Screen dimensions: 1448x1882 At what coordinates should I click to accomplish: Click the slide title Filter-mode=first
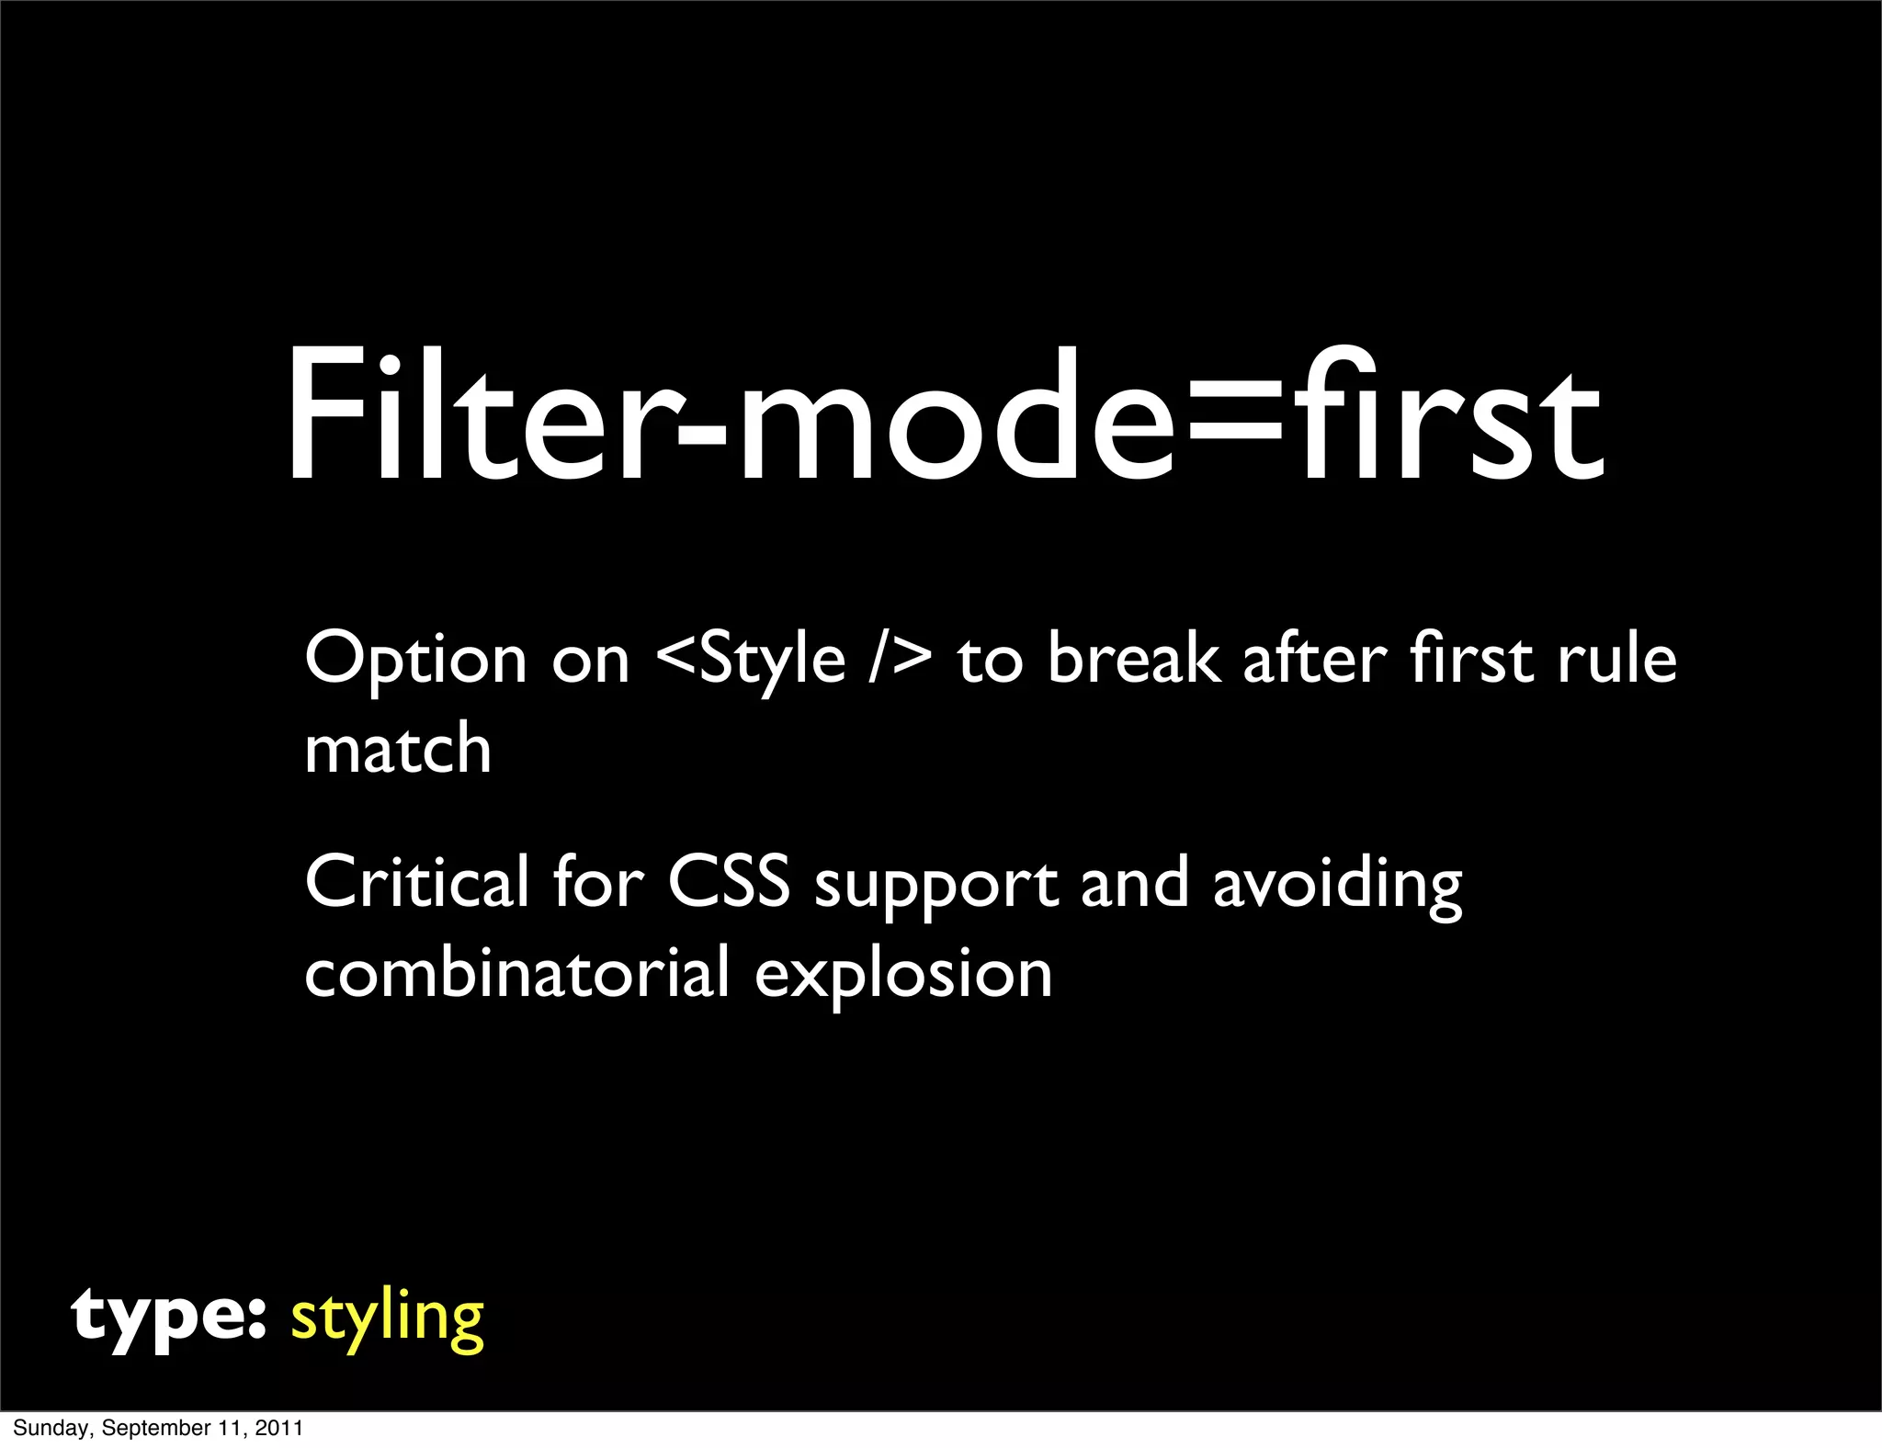tap(945, 415)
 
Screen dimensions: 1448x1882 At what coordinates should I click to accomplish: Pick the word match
tap(398, 748)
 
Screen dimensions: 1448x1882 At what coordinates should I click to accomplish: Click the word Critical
tap(417, 882)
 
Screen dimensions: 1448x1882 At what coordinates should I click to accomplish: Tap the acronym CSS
tap(729, 882)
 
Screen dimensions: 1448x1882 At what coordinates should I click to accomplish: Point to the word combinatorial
tap(516, 972)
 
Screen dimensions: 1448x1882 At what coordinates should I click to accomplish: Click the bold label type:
tap(168, 1318)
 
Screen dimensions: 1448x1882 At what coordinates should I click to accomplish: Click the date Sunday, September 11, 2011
tap(157, 1428)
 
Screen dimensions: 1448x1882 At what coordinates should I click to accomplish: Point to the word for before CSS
tap(598, 882)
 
